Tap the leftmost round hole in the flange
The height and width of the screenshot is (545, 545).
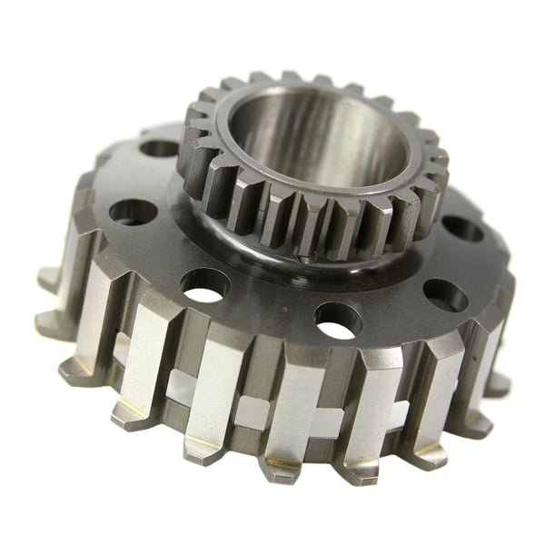tap(132, 212)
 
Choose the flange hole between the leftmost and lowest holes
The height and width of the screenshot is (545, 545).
tap(204, 284)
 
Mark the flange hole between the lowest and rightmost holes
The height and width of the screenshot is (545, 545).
tap(445, 293)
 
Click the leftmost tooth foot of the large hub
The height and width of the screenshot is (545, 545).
tap(50, 322)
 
